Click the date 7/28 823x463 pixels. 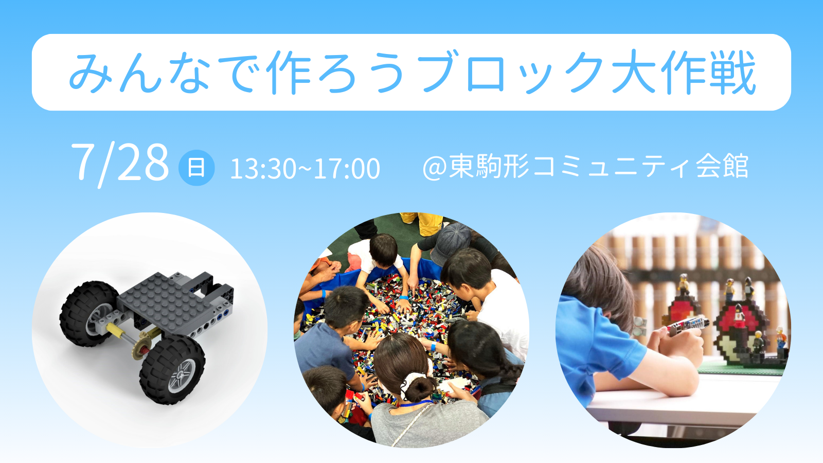[x=120, y=165]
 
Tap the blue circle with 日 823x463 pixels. [x=196, y=168]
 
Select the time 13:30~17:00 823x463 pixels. [x=305, y=169]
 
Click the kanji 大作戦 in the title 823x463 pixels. [x=684, y=72]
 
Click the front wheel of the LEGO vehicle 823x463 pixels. [x=172, y=369]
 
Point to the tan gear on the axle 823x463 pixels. [x=141, y=348]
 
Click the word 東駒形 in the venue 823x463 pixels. [x=489, y=167]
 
